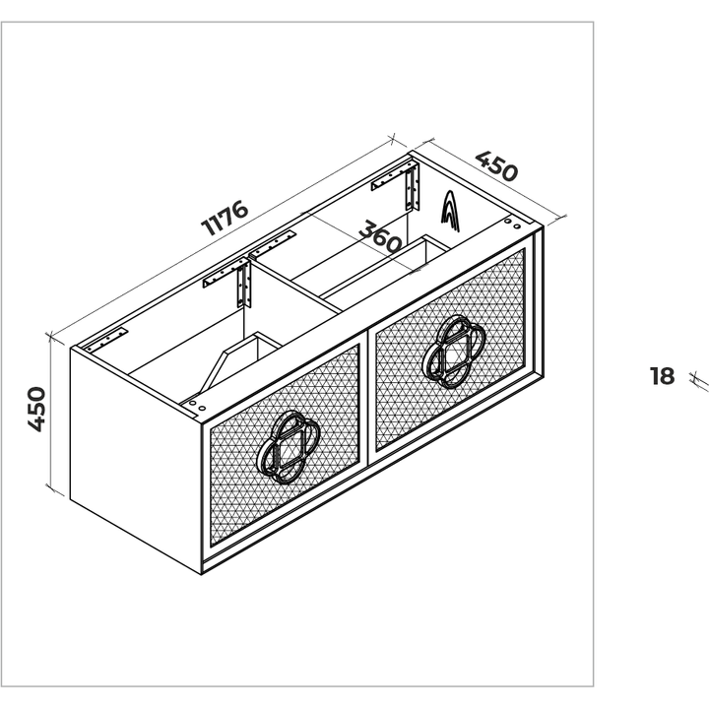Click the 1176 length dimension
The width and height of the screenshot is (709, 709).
[x=225, y=218]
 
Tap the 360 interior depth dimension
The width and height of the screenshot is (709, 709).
[x=380, y=236]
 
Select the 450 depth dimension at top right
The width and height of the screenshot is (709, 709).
[x=496, y=166]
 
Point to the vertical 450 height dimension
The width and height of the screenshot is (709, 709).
[x=36, y=409]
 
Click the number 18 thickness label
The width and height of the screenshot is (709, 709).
[x=662, y=376]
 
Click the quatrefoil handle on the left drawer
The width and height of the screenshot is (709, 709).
[x=288, y=447]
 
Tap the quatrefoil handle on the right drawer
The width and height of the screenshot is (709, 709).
[x=454, y=352]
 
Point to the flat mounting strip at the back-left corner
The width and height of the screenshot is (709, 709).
[x=106, y=340]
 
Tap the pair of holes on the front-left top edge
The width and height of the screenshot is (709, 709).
[x=197, y=406]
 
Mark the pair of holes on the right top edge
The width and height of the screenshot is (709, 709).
[x=512, y=224]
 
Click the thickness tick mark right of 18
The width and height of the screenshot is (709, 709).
[x=699, y=381]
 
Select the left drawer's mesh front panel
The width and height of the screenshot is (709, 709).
[x=285, y=445]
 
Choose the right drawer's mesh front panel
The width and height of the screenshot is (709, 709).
[x=450, y=350]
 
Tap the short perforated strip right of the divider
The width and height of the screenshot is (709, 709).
[x=273, y=243]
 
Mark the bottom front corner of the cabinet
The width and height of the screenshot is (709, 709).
[x=202, y=574]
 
